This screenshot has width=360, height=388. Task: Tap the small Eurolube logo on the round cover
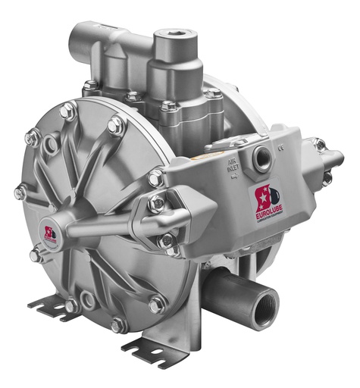pyautogui.click(x=51, y=232)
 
